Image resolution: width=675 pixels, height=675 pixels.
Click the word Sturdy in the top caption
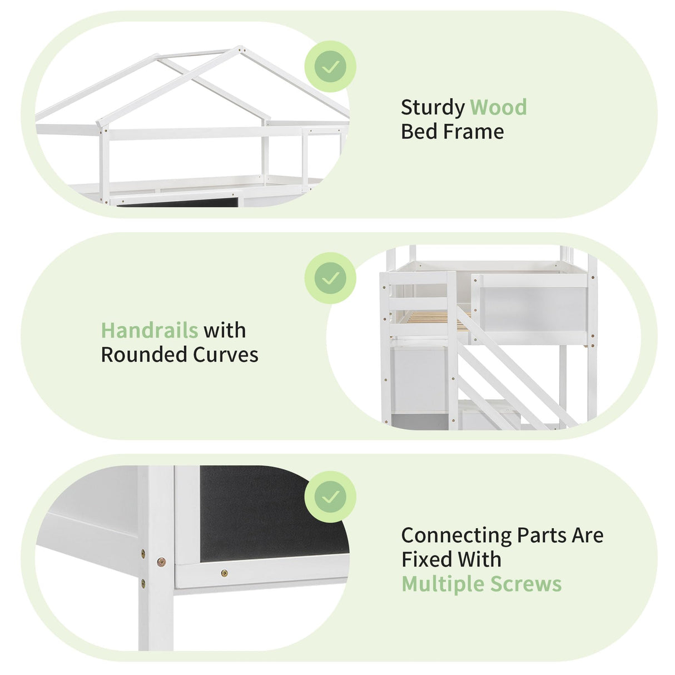[433, 108]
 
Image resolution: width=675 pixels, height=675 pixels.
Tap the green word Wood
[498, 107]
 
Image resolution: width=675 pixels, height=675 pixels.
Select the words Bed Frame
[452, 132]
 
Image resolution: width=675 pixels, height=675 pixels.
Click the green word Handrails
[149, 330]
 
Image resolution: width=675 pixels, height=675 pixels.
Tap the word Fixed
[424, 559]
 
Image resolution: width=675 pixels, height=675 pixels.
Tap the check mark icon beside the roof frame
[330, 67]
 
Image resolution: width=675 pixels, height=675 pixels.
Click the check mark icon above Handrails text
[330, 278]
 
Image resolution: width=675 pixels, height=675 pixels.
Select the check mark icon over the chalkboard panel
[330, 497]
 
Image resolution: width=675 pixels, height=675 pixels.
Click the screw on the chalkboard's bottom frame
[224, 573]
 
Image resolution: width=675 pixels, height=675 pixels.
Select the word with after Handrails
[225, 330]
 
